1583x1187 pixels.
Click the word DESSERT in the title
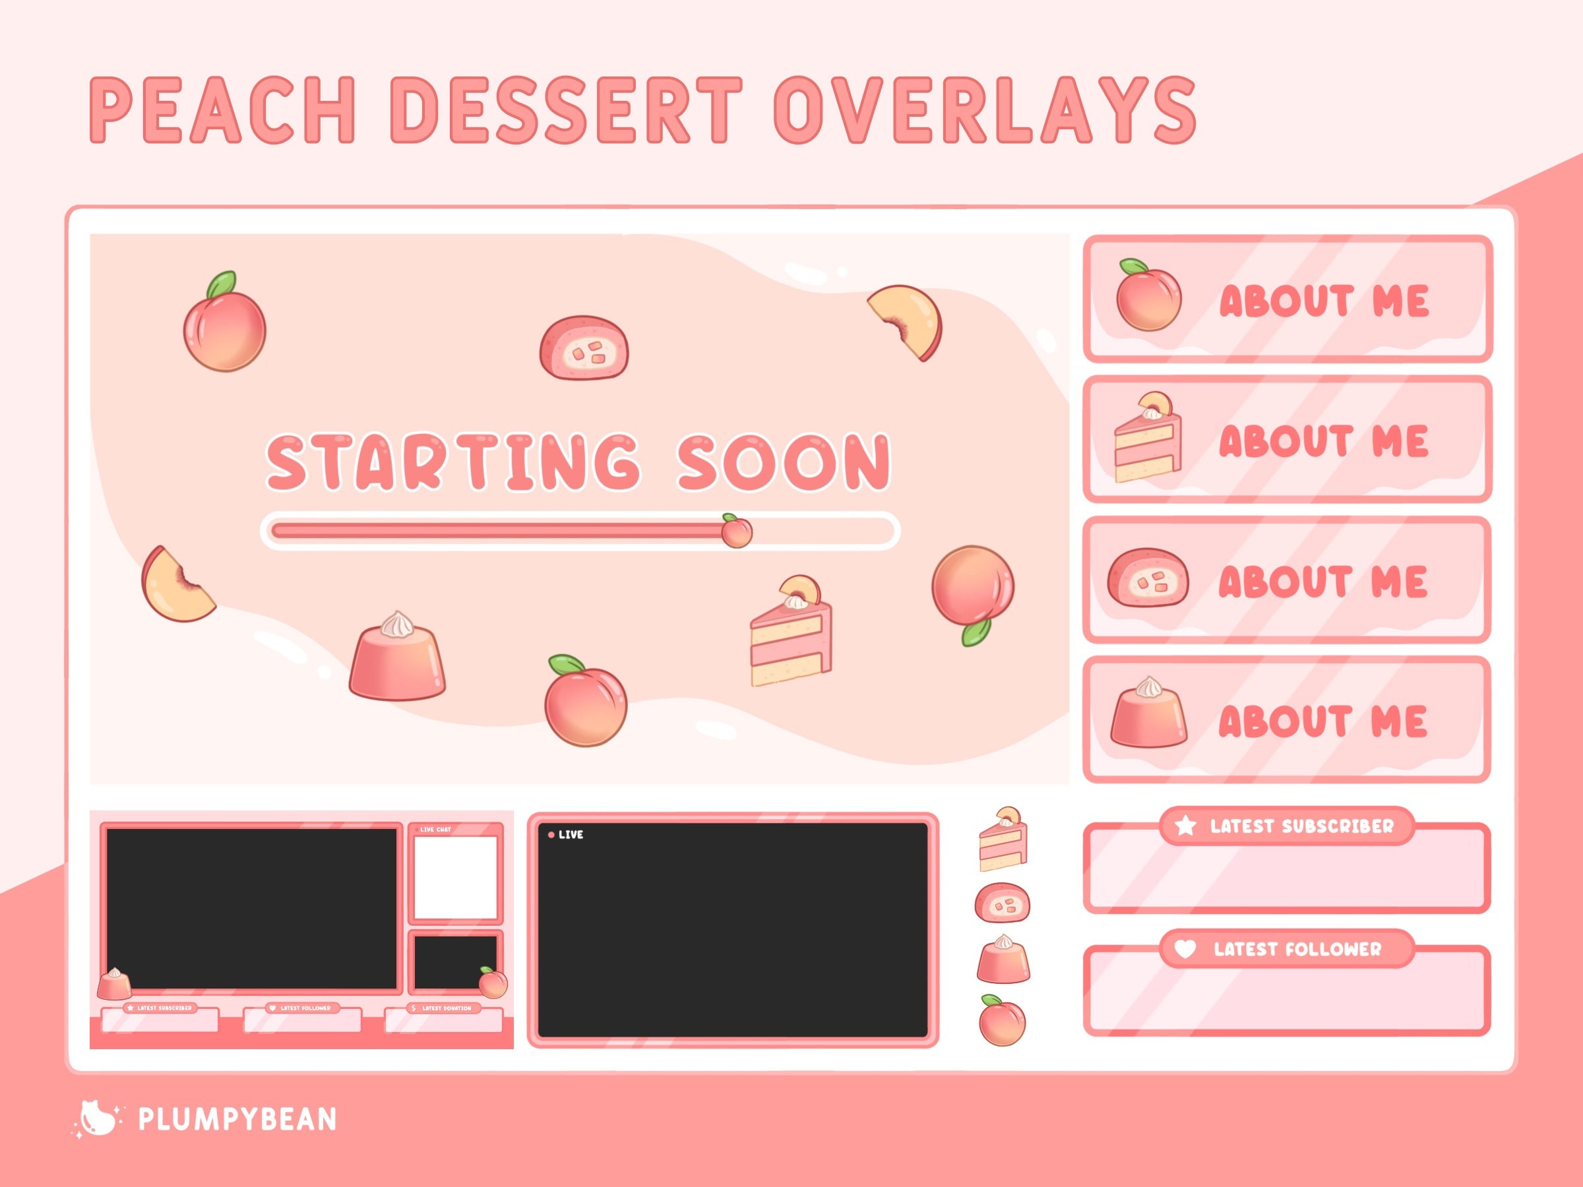coord(565,111)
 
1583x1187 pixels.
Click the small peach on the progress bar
coord(735,531)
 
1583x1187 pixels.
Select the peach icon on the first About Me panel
coord(1148,297)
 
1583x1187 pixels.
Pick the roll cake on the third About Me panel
coord(1147,578)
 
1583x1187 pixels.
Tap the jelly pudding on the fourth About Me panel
coord(1148,715)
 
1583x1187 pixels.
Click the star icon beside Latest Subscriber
coord(1186,826)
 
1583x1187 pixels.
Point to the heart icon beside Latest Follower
coord(1185,949)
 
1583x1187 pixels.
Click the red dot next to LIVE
coord(551,834)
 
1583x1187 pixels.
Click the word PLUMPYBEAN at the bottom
coord(237,1119)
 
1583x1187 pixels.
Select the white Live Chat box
coord(455,878)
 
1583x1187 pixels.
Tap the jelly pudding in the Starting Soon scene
coord(397,658)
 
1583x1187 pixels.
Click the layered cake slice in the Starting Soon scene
coord(791,633)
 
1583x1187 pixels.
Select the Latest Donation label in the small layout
coord(446,1008)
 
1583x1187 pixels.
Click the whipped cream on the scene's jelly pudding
coord(398,626)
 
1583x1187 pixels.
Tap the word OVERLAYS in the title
coord(984,111)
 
